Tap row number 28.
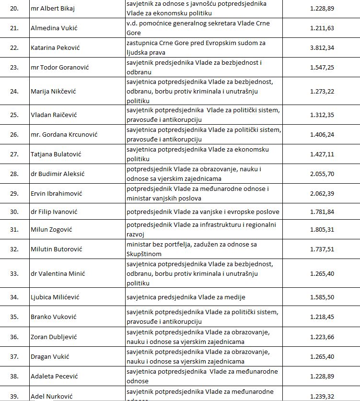point(14,174)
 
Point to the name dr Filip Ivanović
point(54,212)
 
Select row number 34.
point(14,297)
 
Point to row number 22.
point(14,48)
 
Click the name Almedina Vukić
point(54,28)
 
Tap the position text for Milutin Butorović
point(192,249)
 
